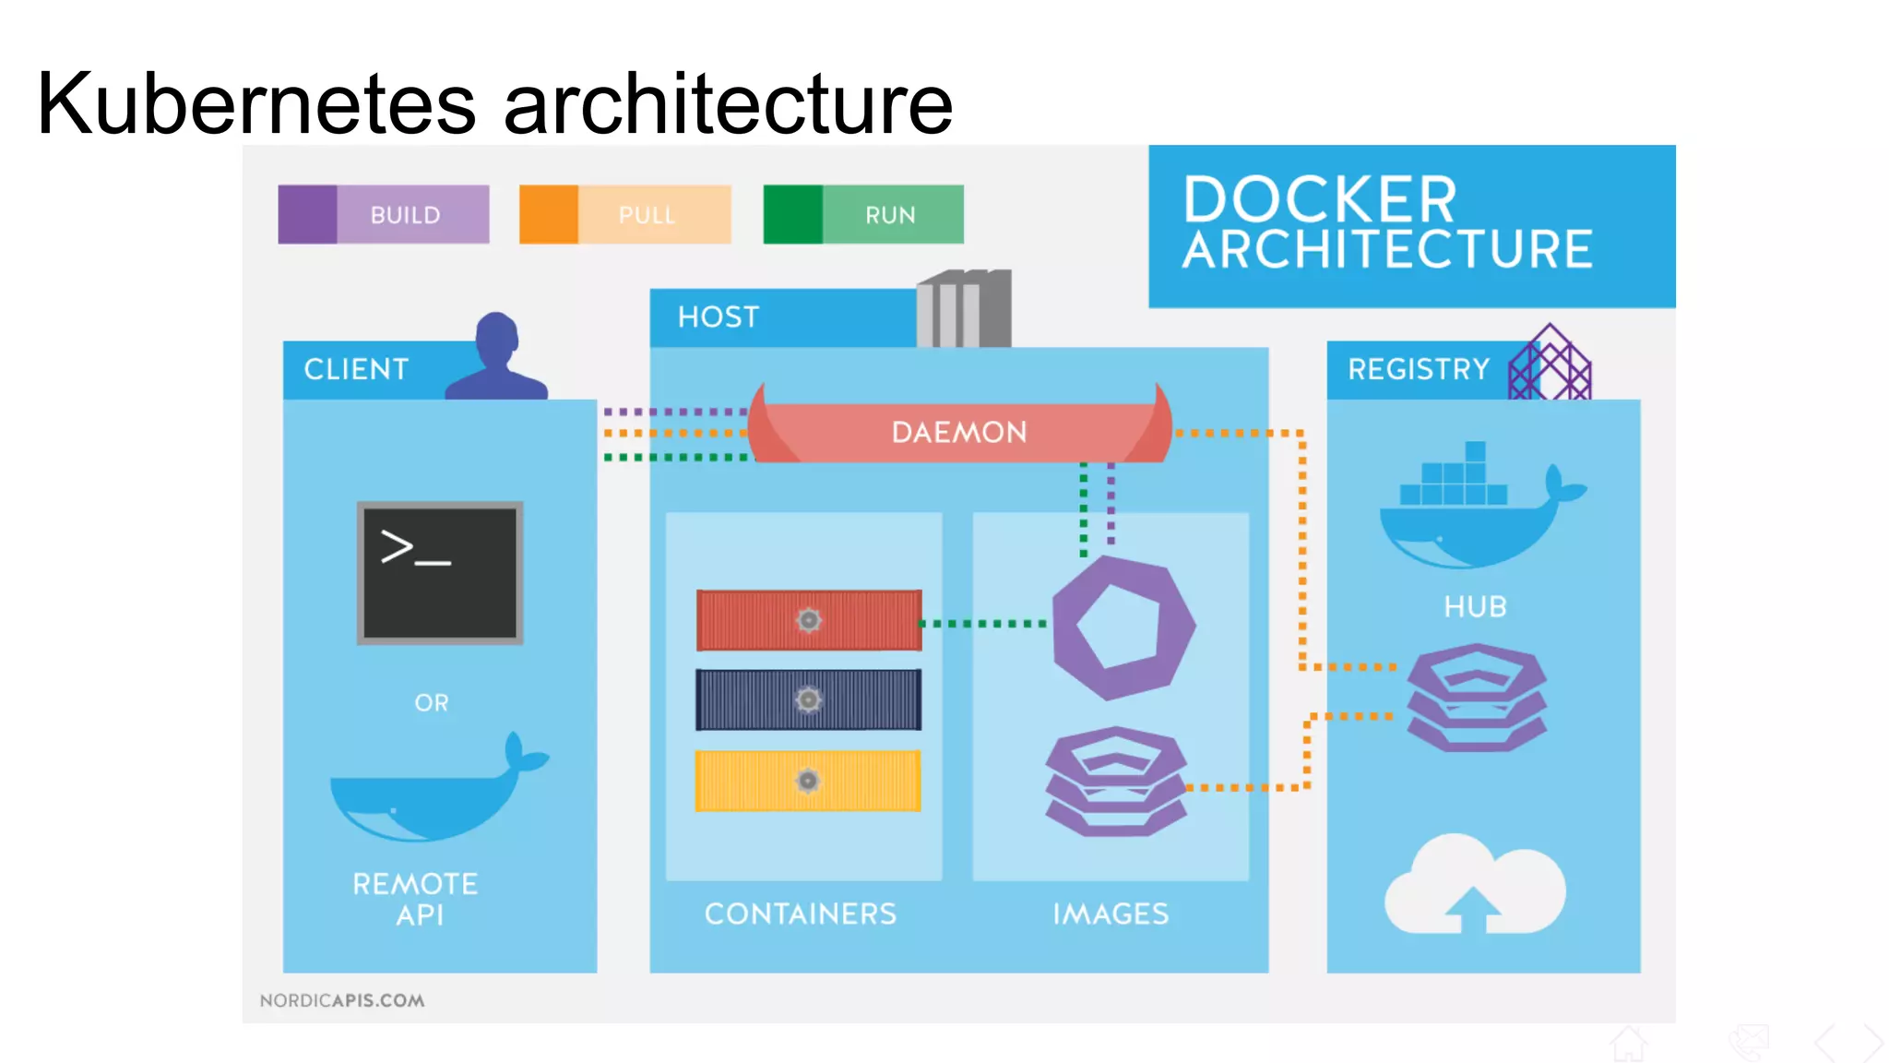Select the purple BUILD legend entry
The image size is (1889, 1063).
click(384, 214)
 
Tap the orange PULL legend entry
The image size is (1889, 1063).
click(625, 214)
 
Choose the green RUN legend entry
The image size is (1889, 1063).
click(863, 214)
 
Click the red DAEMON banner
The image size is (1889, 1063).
click(959, 432)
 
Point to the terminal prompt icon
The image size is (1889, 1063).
click(440, 572)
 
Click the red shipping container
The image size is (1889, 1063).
click(808, 620)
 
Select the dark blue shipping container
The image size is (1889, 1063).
click(808, 700)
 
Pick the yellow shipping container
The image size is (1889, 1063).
click(808, 781)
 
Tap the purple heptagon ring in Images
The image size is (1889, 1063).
click(1123, 627)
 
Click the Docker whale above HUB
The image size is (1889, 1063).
click(1476, 512)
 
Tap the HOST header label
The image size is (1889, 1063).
click(718, 317)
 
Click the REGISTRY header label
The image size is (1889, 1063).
click(1418, 369)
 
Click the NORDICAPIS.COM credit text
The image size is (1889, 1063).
click(342, 1000)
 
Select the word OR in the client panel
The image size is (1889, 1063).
click(432, 703)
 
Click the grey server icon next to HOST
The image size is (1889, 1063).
click(965, 309)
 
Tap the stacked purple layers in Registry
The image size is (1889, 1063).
click(1476, 698)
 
